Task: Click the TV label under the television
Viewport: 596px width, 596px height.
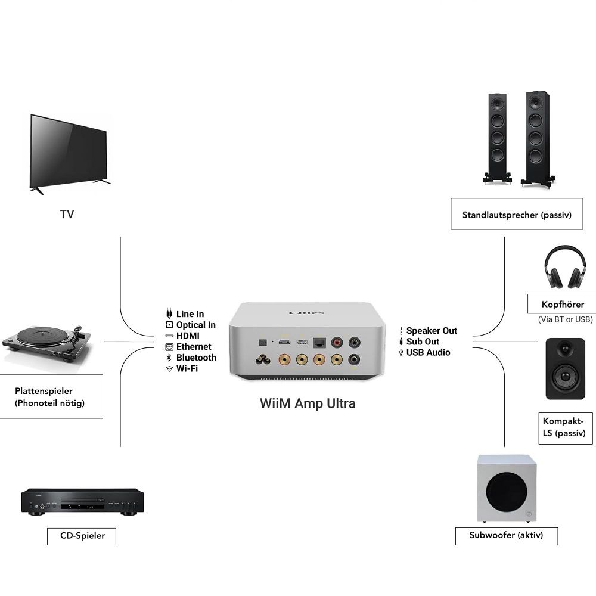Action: click(x=67, y=214)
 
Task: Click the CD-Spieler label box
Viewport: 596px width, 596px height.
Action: click(x=82, y=535)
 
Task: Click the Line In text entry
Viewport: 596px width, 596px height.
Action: click(x=190, y=314)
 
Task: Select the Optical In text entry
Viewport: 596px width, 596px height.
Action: click(x=195, y=325)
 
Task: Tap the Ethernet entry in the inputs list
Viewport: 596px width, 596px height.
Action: click(x=194, y=347)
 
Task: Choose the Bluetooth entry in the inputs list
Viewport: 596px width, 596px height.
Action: click(x=196, y=358)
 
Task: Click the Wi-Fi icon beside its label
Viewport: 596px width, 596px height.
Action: click(x=169, y=368)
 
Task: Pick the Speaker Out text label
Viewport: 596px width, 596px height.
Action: click(x=432, y=331)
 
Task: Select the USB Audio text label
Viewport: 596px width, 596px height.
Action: click(x=428, y=352)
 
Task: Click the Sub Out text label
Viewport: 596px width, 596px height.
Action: click(x=423, y=342)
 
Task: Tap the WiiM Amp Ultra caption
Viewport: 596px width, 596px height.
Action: click(x=308, y=403)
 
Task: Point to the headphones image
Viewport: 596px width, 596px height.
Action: click(x=563, y=268)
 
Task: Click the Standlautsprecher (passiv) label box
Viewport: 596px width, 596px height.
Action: click(x=517, y=215)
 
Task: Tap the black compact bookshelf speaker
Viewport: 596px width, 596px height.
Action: click(x=565, y=368)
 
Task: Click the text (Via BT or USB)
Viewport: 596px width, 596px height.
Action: click(x=565, y=320)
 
